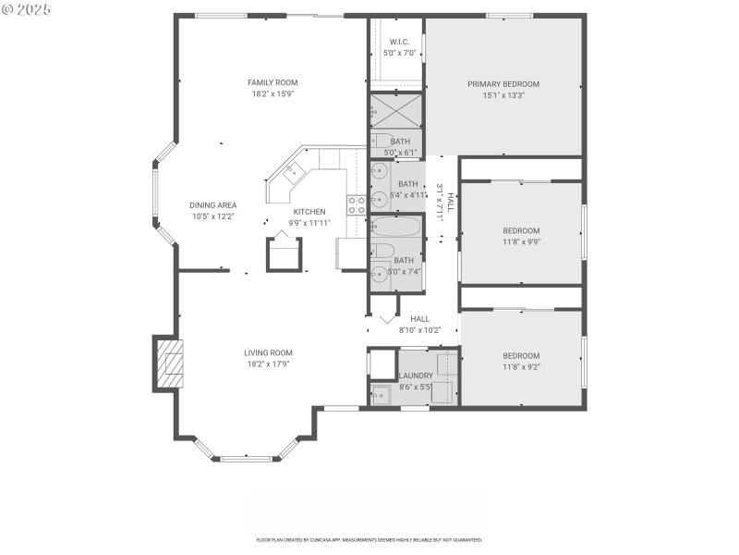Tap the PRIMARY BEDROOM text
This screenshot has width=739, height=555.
(503, 83)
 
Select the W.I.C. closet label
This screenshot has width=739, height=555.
(400, 42)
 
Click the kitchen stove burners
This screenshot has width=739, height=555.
(355, 205)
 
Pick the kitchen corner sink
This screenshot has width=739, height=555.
(292, 170)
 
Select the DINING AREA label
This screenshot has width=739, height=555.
(212, 205)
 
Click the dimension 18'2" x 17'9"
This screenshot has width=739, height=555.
(268, 364)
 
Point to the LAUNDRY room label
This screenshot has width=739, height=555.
(416, 376)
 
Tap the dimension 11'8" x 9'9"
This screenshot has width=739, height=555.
(521, 241)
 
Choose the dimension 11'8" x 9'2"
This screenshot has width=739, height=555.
(521, 367)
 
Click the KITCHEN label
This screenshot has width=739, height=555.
(309, 212)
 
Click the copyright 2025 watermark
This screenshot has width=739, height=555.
(27, 8)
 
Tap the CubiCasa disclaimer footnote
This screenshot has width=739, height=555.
(369, 539)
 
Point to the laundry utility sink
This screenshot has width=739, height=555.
(381, 395)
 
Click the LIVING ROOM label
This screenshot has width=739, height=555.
(268, 352)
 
